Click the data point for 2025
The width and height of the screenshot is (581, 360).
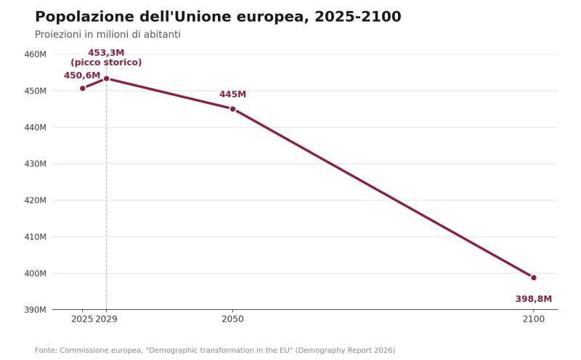pyautogui.click(x=83, y=88)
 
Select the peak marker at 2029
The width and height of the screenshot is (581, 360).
pyautogui.click(x=106, y=78)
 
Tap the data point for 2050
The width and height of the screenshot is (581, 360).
pyautogui.click(x=232, y=109)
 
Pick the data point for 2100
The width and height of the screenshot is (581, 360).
pyautogui.click(x=534, y=278)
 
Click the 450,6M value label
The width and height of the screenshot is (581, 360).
pyautogui.click(x=82, y=75)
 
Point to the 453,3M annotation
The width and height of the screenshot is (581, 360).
pyautogui.click(x=106, y=53)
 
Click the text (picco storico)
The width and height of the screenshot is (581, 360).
pyautogui.click(x=106, y=62)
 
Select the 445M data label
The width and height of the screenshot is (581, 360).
pyautogui.click(x=232, y=94)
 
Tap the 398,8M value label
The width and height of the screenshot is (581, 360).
pyautogui.click(x=534, y=299)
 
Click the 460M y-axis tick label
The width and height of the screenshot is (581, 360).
pyautogui.click(x=35, y=54)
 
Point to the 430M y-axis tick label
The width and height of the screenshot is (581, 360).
pyautogui.click(x=35, y=164)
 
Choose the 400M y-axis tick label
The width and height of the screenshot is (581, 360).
pyautogui.click(x=35, y=274)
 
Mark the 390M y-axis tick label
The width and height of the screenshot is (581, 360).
pyautogui.click(x=35, y=310)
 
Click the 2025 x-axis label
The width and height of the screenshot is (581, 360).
pyautogui.click(x=82, y=319)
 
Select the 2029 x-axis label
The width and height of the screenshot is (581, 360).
pyautogui.click(x=106, y=319)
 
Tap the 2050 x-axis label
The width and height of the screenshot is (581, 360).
pyautogui.click(x=232, y=319)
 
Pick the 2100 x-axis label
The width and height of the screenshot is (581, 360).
pyautogui.click(x=534, y=319)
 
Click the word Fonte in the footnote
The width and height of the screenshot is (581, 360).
pyautogui.click(x=46, y=350)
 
